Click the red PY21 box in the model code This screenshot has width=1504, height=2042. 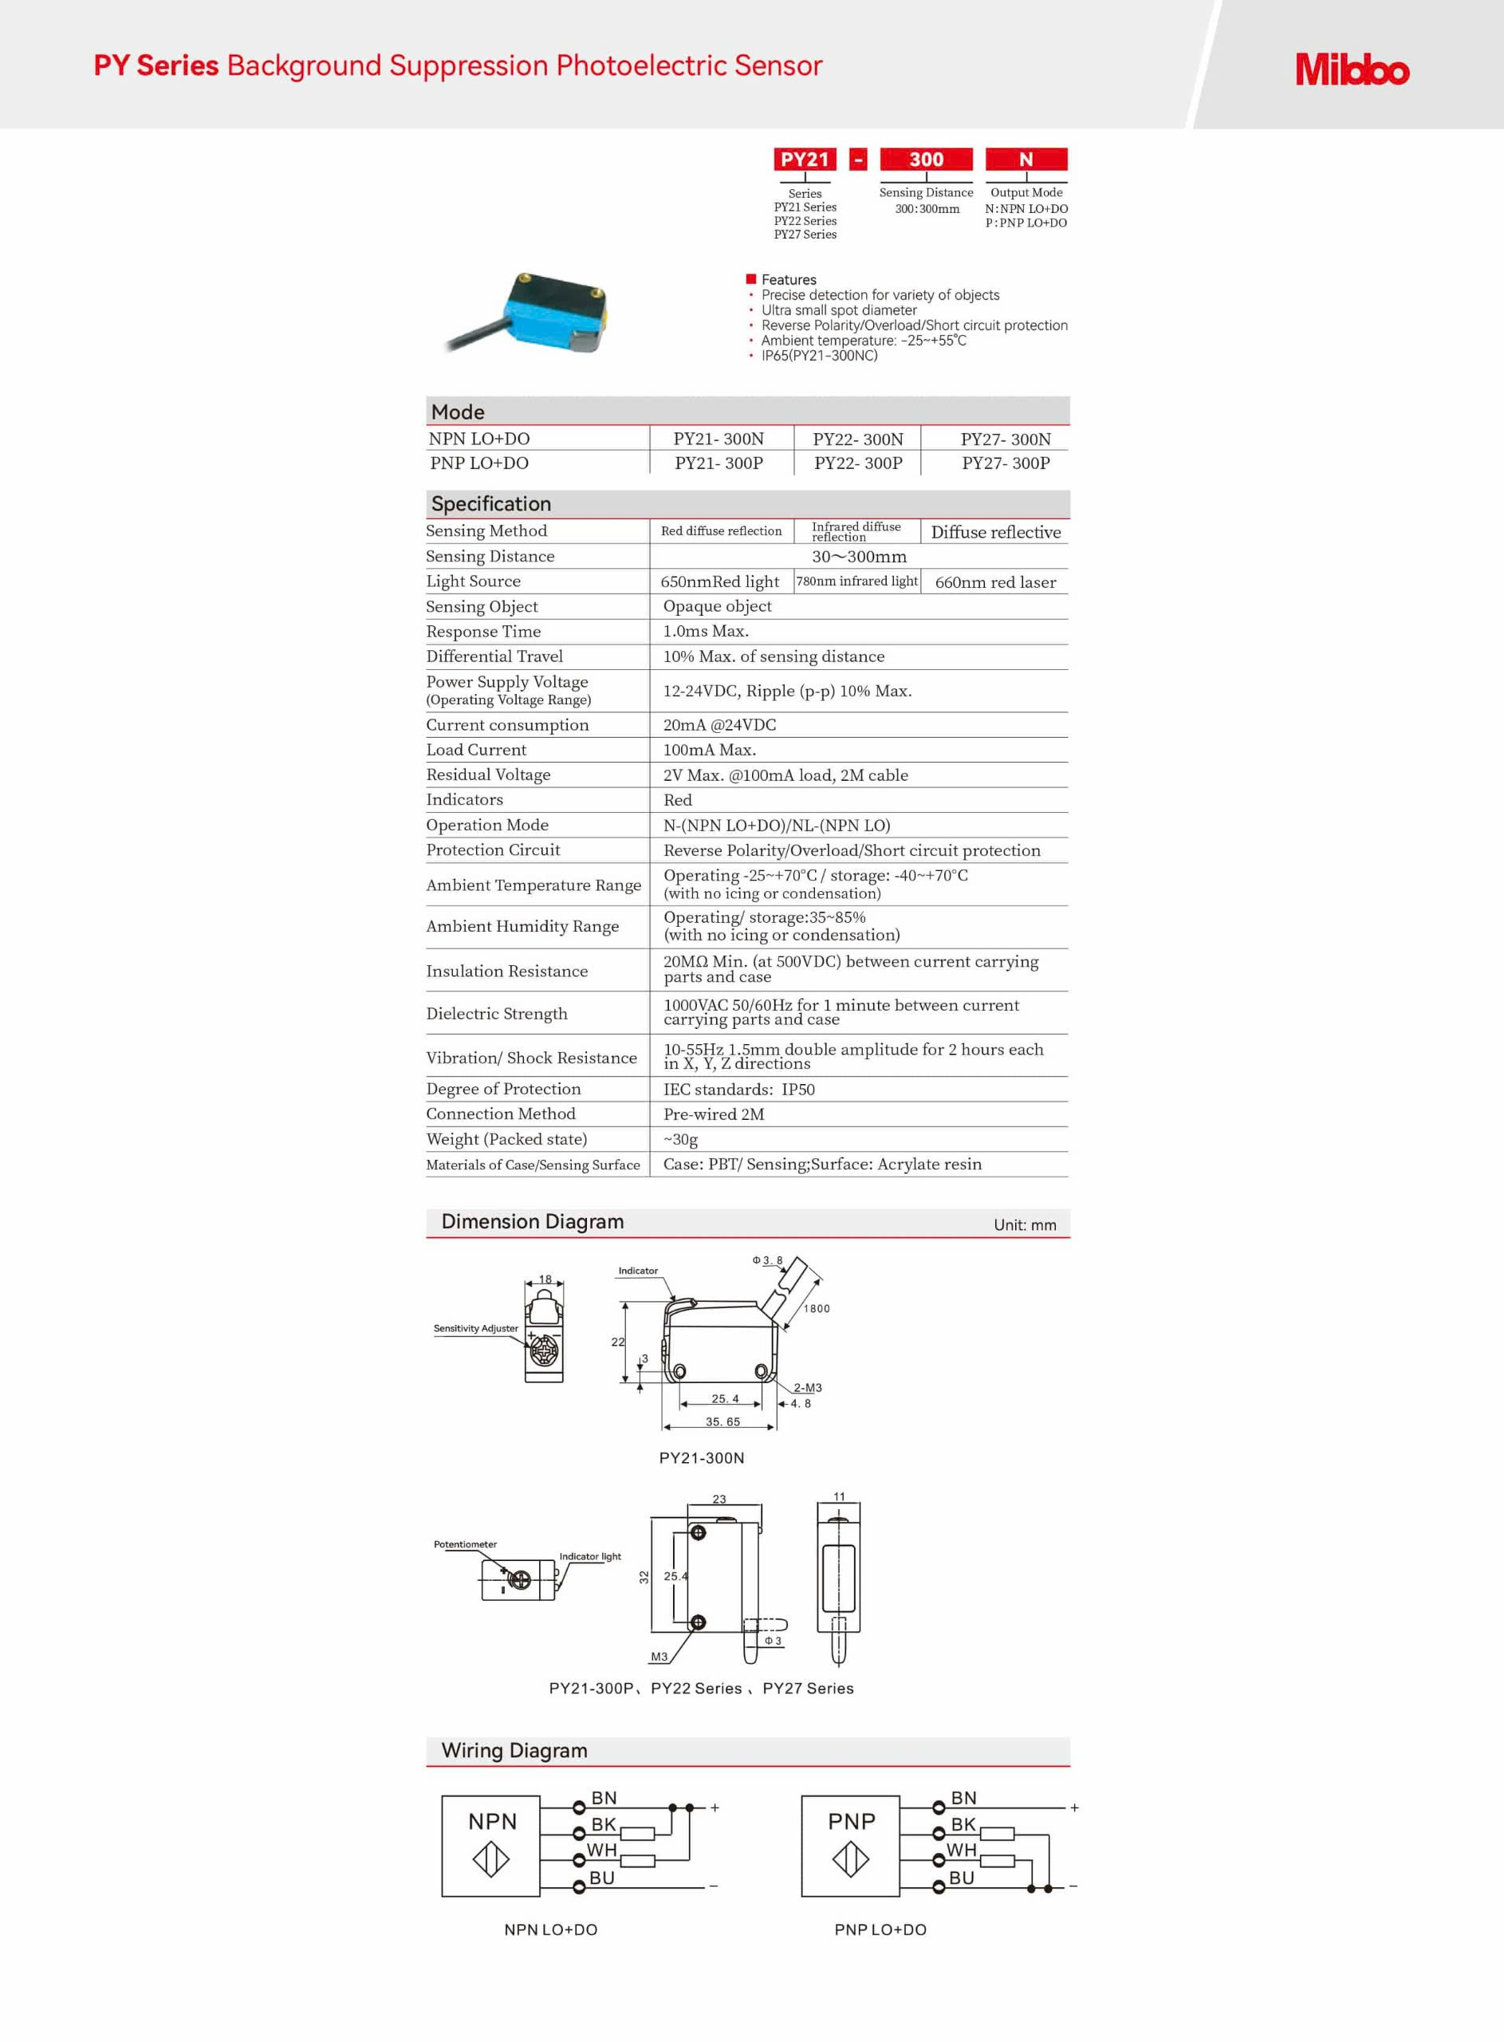click(x=805, y=160)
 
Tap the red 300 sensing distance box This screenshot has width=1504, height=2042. click(x=926, y=160)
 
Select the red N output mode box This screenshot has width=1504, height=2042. click(x=1026, y=160)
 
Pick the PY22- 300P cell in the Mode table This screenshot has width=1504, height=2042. click(x=857, y=463)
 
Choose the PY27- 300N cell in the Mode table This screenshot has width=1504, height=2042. click(x=1005, y=439)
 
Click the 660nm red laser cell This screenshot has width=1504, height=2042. click(x=995, y=582)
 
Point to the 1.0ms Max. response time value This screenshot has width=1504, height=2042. click(x=706, y=631)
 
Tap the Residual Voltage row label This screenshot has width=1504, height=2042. click(x=488, y=775)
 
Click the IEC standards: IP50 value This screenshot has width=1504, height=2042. click(x=738, y=1089)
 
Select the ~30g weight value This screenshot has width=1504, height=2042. click(x=680, y=1139)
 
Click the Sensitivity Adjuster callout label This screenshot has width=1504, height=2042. click(x=475, y=1328)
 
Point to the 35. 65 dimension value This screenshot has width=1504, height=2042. click(x=722, y=1421)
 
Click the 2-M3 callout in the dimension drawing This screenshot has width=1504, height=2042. click(x=806, y=1387)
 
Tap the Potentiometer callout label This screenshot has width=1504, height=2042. click(x=465, y=1544)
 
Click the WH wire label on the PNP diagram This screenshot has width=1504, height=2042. click(x=962, y=1850)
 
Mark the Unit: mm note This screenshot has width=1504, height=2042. click(x=1024, y=1225)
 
